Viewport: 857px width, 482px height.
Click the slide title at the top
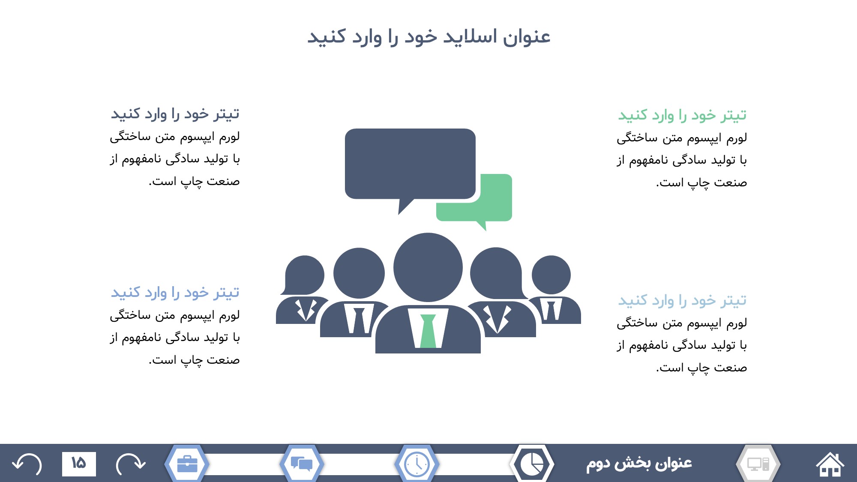point(428,37)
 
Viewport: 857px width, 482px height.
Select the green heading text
point(682,115)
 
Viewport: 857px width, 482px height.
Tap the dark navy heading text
point(175,114)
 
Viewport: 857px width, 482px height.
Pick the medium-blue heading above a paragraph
point(175,293)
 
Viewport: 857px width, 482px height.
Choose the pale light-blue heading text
point(682,301)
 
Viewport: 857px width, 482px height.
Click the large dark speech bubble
point(410,165)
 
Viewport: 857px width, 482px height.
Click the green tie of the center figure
point(428,331)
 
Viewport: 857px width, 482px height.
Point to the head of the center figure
point(428,267)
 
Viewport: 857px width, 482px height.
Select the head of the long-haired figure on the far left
point(304,275)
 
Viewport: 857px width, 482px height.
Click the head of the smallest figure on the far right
point(551,275)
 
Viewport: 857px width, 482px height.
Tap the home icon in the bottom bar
point(830,464)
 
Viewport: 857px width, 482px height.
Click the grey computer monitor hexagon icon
point(758,464)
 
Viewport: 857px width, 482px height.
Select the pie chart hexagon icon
point(532,464)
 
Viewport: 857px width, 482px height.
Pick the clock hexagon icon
point(417,464)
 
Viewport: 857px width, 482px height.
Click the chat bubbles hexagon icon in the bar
point(302,464)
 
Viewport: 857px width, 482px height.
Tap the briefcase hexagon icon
point(187,464)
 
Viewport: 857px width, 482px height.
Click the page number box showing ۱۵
point(79,464)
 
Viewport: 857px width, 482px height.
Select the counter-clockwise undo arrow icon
point(27,464)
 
